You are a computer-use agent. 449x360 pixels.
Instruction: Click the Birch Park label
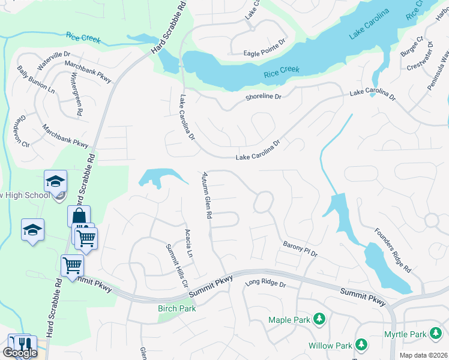pos(176,308)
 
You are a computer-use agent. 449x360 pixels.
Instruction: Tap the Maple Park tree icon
pos(320,319)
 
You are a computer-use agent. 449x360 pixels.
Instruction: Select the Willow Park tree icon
pos(361,344)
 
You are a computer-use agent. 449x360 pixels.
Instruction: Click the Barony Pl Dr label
pos(300,249)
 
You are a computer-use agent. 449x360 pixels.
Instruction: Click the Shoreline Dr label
pos(263,97)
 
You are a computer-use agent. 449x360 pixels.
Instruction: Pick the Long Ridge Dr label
pos(266,284)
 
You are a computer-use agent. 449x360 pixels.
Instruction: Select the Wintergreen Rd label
pos(77,95)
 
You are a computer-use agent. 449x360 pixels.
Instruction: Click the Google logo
pos(20,353)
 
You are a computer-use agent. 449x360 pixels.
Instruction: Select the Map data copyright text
pos(424,355)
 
